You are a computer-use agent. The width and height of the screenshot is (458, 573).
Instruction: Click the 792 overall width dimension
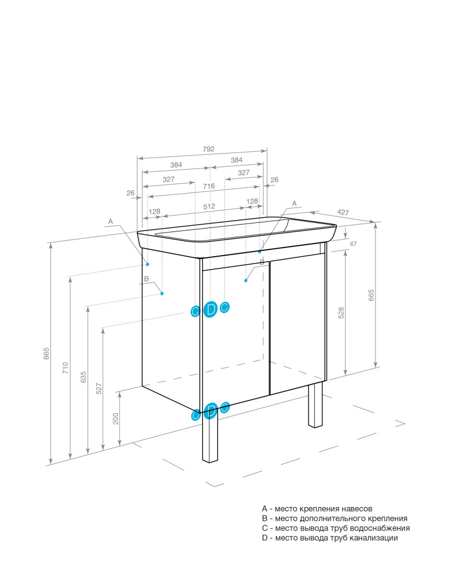click(x=208, y=149)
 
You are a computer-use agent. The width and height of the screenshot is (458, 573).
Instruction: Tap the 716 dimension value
click(x=209, y=186)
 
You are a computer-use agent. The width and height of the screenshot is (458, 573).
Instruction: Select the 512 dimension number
click(x=210, y=206)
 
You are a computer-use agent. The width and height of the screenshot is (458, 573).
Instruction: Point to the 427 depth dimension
click(x=343, y=213)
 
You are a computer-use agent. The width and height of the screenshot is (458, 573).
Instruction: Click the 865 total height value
click(x=46, y=354)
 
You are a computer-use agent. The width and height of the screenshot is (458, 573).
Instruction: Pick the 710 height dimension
click(x=65, y=368)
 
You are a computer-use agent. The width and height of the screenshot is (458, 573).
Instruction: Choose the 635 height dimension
click(x=84, y=377)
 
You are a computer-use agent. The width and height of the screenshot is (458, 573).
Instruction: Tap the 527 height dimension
click(x=99, y=388)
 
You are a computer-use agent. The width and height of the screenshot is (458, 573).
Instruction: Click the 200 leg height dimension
click(x=116, y=418)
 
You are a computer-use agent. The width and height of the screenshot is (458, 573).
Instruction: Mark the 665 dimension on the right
click(x=372, y=295)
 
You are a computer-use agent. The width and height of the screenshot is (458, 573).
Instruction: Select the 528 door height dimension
click(x=341, y=313)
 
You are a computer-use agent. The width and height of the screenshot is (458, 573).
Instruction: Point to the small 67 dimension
click(x=353, y=244)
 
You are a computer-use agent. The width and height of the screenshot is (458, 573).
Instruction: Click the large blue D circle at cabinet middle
click(x=210, y=309)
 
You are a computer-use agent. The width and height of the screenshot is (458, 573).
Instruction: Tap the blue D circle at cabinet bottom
click(x=210, y=411)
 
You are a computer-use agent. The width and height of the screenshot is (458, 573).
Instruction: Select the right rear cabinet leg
click(x=315, y=405)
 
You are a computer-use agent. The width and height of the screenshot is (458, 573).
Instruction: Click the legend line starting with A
click(x=317, y=509)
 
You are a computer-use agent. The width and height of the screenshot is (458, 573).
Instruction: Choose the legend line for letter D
click(x=330, y=538)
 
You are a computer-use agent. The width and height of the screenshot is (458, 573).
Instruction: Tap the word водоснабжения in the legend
click(x=380, y=528)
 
